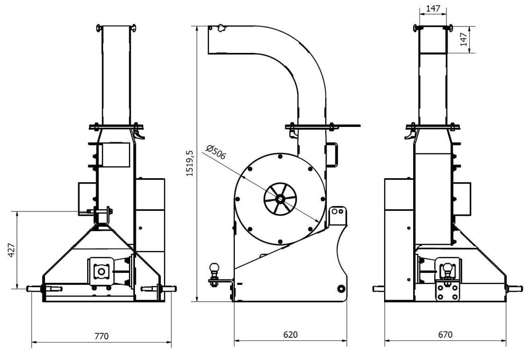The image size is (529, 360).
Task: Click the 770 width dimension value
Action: pyautogui.click(x=101, y=335)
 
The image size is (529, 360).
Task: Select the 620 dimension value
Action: pyautogui.click(x=290, y=335)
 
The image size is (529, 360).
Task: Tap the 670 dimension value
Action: pyautogui.click(x=446, y=335)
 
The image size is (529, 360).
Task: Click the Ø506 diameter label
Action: pyautogui.click(x=216, y=153)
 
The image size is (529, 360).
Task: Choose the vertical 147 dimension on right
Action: pyautogui.click(x=464, y=40)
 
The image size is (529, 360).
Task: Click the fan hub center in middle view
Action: pyautogui.click(x=279, y=199)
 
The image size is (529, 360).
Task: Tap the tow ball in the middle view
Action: pyautogui.click(x=215, y=269)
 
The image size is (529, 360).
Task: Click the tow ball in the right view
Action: pyautogui.click(x=448, y=267)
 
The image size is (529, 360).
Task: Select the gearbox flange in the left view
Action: pyautogui.click(x=101, y=271)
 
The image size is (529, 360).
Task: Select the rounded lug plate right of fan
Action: pyautogui.click(x=338, y=217)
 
